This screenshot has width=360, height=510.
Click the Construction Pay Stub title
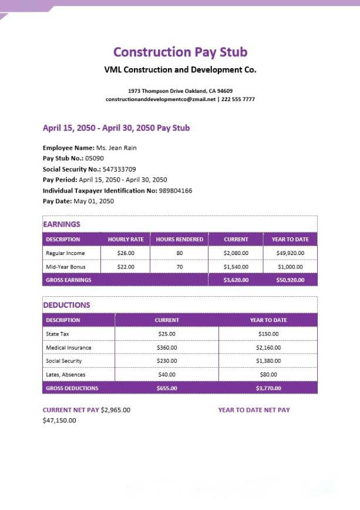pos(180,52)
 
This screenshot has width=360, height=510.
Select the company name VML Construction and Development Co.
pos(180,70)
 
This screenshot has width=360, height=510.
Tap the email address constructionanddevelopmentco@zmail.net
pos(160,99)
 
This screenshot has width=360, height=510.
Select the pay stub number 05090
pos(95,159)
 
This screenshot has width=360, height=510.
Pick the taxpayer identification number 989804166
pos(176,190)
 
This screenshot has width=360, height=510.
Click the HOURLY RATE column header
pos(126,240)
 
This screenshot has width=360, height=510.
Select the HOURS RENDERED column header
pos(179,240)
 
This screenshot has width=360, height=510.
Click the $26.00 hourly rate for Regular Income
pos(126,253)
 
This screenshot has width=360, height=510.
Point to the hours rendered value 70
pos(179,267)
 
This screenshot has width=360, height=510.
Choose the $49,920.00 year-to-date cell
pos(290,253)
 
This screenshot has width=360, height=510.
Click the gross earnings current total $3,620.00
pos(236,280)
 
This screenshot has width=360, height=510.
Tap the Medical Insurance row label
pos(69,348)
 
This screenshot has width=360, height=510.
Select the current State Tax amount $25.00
pos(167,334)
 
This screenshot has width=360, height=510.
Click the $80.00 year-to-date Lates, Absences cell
pos(268,374)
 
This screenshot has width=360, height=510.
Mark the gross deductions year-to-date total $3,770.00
pos(268,388)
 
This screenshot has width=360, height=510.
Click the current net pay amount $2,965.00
pos(116,410)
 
